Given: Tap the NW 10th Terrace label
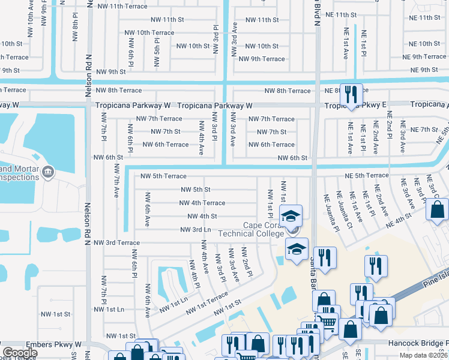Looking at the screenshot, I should click(147, 32).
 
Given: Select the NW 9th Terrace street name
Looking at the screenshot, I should click(262, 59).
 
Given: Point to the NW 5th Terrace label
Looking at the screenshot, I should click(163, 176).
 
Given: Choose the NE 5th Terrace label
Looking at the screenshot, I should click(367, 175).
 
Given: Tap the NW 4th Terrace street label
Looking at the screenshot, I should click(202, 203).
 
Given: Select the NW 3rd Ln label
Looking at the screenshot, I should click(196, 229).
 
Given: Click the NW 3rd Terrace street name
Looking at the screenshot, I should click(116, 242).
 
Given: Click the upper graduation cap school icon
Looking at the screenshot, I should click(291, 216).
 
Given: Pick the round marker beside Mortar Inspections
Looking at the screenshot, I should click(47, 173).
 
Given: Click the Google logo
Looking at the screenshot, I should click(20, 353).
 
